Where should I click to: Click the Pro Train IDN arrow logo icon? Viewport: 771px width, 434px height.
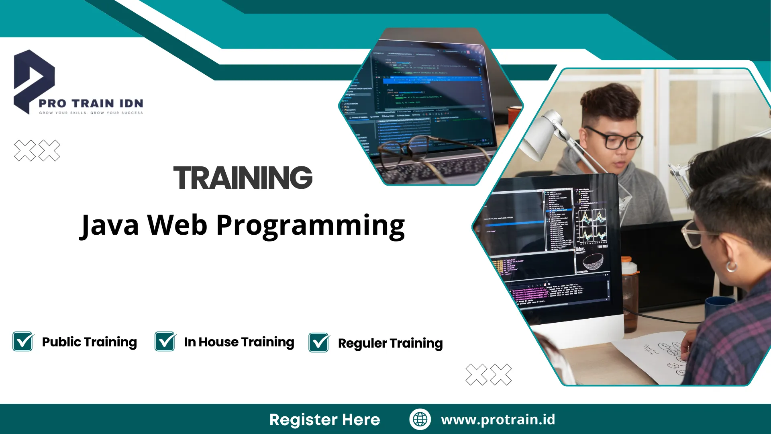coord(33,80)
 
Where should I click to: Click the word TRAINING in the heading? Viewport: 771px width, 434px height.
coord(243,178)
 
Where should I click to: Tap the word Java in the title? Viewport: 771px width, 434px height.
coord(109,225)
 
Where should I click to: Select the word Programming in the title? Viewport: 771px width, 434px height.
coord(310,226)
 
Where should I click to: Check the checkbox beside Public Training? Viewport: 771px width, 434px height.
coord(23,342)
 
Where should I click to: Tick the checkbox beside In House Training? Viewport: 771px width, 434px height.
coord(165,342)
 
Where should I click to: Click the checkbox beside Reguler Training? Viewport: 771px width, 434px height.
coord(319,343)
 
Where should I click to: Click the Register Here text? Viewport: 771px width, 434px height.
coord(324,420)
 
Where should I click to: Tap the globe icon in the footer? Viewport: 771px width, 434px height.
coord(420,419)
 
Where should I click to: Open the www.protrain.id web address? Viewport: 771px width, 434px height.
coord(498,420)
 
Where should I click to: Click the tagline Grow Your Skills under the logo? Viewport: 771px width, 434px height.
coord(91,113)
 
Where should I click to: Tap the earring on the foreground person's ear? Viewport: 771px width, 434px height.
coord(731,266)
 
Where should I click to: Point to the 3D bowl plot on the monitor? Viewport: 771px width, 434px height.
coord(592,262)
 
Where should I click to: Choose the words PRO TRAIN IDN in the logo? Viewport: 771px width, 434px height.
coord(91,104)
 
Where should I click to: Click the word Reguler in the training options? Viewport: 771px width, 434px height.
coord(362,344)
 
